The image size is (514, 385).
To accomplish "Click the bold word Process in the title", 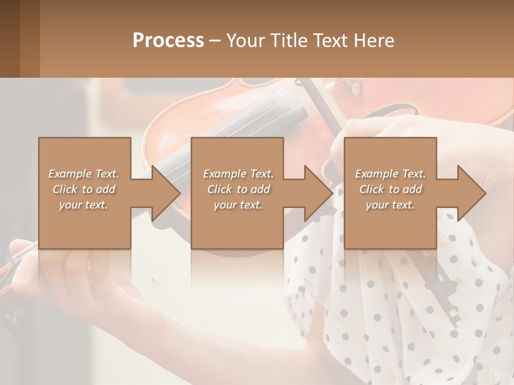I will (x=168, y=41).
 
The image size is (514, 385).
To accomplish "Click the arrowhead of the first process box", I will (x=166, y=193).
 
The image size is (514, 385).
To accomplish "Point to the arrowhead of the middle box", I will (x=319, y=193).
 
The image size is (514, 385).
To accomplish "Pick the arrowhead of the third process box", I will (x=472, y=193).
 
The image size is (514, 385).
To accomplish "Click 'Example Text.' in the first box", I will (x=84, y=174).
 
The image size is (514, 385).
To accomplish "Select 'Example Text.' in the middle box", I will (x=238, y=174).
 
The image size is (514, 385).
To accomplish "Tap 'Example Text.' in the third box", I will (x=390, y=174).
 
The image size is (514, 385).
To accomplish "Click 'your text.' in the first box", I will (x=84, y=205).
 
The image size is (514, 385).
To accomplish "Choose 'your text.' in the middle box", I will (x=238, y=205).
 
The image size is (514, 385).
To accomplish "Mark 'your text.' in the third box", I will (x=390, y=205).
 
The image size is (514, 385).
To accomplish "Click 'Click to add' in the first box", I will (x=84, y=189).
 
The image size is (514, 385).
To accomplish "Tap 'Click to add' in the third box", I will (x=390, y=189).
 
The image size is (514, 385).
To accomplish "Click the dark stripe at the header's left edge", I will (x=10, y=38).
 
